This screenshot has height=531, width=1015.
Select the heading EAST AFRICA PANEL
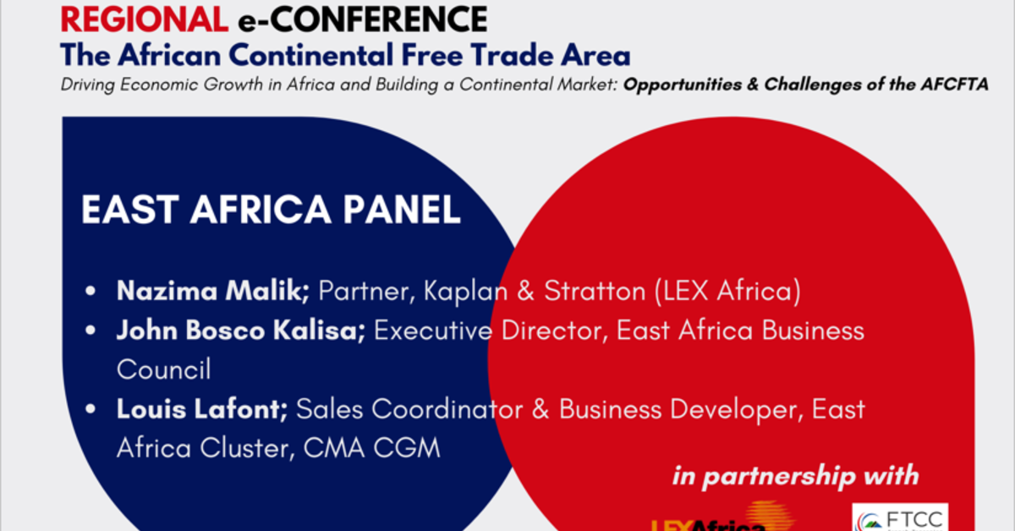click(271, 211)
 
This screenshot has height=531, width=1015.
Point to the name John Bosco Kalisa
click(241, 331)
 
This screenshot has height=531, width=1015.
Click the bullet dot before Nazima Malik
click(91, 293)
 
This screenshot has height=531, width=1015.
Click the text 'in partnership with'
click(795, 475)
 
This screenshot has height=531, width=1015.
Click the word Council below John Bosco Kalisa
click(163, 370)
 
